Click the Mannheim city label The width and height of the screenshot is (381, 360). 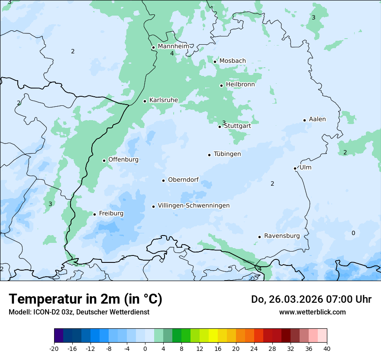(173, 46)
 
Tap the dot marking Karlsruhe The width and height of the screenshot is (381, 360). (145, 101)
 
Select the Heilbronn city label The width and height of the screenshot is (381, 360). (240, 84)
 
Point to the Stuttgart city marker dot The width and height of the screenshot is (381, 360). (220, 127)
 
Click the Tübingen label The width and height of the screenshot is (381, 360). (227, 154)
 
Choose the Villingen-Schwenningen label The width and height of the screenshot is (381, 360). (194, 206)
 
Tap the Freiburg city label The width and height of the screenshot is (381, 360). (111, 213)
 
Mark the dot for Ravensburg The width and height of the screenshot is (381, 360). (260, 237)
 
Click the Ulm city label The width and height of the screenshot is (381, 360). (305, 167)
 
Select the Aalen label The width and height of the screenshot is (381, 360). (317, 119)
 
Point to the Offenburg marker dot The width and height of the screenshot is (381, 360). (104, 160)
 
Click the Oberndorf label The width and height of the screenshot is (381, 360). (183, 180)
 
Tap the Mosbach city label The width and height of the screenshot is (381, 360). (232, 61)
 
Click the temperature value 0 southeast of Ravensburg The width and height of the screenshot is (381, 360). (353, 233)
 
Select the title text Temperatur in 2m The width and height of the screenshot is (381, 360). (85, 299)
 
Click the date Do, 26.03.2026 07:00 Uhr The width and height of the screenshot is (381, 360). (311, 299)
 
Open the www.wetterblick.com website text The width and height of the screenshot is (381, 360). (312, 312)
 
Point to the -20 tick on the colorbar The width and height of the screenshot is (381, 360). (54, 348)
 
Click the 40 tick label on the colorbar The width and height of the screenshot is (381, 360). (327, 348)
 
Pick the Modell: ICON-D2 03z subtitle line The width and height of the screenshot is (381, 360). (79, 312)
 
